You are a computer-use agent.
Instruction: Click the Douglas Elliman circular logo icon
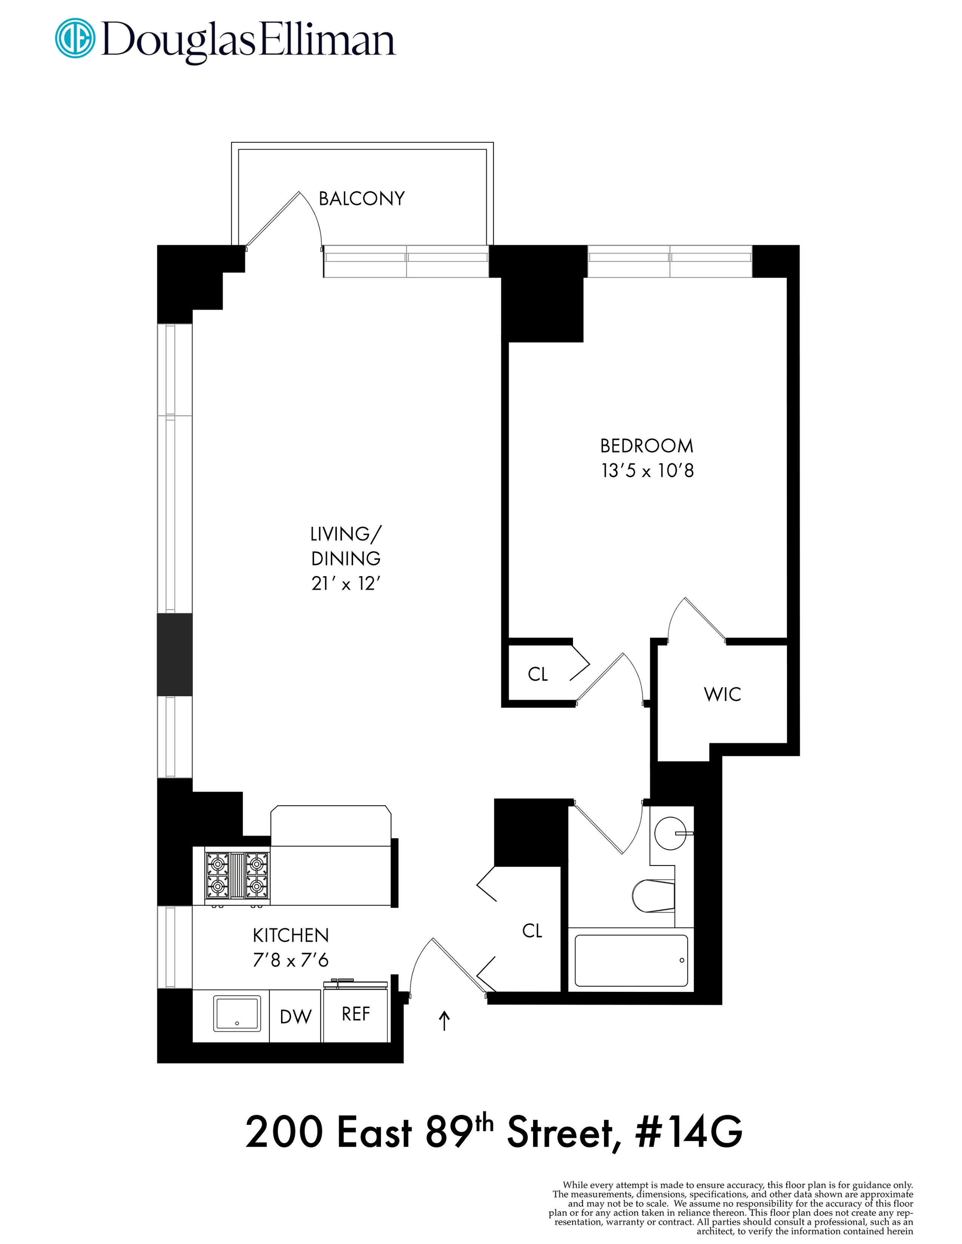pos(75,39)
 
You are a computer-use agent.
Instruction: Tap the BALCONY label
pos(361,199)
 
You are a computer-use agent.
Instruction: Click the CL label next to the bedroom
pos(538,674)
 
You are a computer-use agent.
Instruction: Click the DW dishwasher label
pos(295,1017)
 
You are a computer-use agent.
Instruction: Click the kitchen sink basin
pos(237,1013)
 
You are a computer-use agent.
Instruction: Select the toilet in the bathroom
pos(653,895)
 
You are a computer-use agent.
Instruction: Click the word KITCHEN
pos(290,935)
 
